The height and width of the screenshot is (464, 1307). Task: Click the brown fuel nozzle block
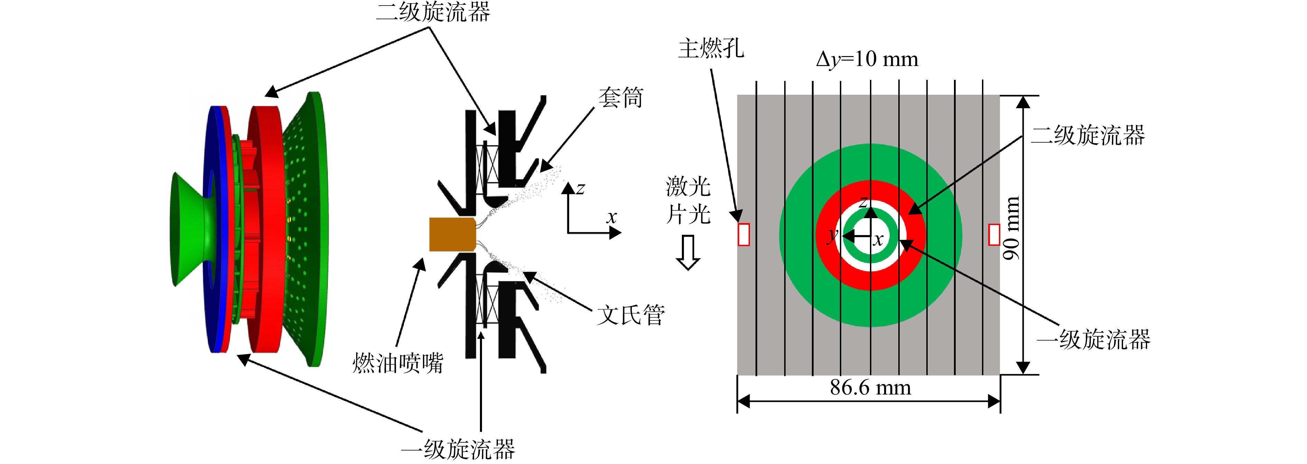[452, 234]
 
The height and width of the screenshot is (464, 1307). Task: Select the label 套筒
[621, 98]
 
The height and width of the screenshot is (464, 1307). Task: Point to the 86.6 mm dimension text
[871, 388]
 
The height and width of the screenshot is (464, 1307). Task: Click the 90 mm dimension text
[1011, 228]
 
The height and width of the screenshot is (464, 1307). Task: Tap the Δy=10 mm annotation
[867, 60]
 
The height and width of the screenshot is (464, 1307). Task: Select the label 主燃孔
[711, 49]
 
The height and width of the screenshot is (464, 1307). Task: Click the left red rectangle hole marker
[743, 234]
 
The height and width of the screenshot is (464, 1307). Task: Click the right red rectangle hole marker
[994, 234]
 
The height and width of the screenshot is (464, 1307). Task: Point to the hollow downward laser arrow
[688, 252]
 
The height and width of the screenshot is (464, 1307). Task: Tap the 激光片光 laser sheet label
[688, 200]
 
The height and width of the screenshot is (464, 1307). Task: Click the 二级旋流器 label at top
[433, 12]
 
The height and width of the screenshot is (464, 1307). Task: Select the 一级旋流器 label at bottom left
[458, 449]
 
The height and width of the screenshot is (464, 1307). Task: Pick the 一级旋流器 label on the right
[1093, 339]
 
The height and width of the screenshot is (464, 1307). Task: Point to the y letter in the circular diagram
[832, 235]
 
